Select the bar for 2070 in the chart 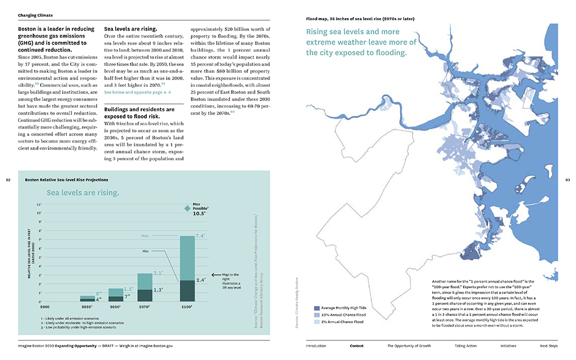coord(144,288)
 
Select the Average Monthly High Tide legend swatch coord(317,308)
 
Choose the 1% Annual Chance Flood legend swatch coord(317,322)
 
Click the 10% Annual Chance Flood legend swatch coord(317,315)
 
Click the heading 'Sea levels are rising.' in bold coord(130,28)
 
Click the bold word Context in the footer coord(357,345)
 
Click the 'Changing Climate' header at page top coord(36,15)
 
